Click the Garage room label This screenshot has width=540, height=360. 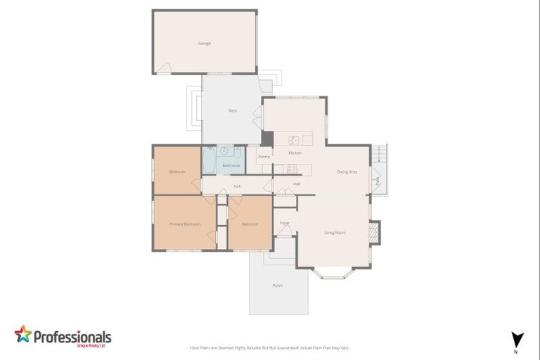point(204,44)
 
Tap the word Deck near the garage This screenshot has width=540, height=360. point(232,110)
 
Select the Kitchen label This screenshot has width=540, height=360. point(295,153)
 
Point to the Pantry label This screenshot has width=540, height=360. point(264,157)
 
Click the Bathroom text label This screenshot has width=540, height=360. point(231,165)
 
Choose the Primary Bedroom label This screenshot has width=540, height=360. point(185,224)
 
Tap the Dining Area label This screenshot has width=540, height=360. point(347,172)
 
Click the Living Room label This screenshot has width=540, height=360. point(335,232)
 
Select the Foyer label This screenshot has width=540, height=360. point(285,223)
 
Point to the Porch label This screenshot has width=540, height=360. point(278,285)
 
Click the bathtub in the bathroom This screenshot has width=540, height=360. point(210,160)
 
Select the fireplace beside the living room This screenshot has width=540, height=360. point(374,232)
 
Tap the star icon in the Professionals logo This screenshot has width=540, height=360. point(23,335)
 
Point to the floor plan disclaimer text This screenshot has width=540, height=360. point(269,347)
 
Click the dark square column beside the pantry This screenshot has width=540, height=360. point(267,139)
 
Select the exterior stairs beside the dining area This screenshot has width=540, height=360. point(380,153)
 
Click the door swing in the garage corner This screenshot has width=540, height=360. point(163,67)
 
